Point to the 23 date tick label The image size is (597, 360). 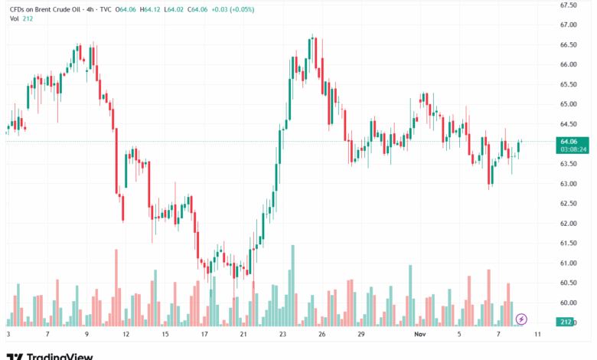(283, 335)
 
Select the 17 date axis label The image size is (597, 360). (204, 335)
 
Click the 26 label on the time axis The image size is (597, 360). (322, 335)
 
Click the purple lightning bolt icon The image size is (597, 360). (522, 318)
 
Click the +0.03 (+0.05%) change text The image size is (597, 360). (233, 8)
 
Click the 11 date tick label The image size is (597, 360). (537, 335)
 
